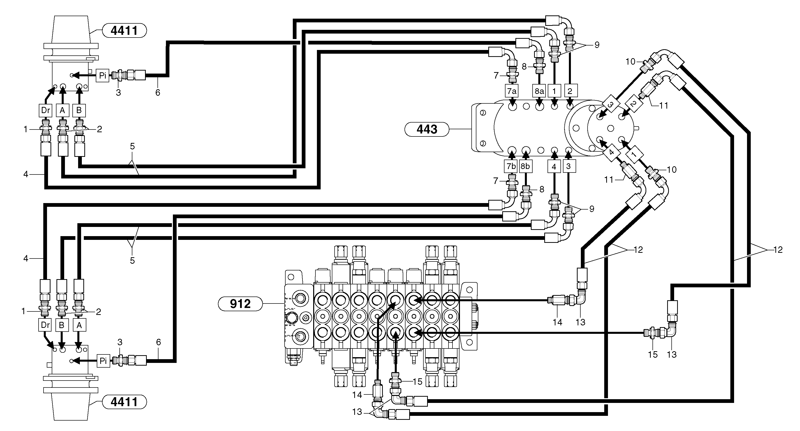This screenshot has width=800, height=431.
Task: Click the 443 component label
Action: (427, 129)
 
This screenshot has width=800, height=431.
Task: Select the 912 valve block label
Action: (240, 303)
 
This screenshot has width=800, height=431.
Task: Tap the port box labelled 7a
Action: (511, 91)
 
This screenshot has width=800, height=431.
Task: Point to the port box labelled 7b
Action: (511, 166)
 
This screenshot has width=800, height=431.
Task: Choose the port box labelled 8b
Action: (525, 166)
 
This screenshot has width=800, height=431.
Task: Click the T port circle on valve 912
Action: (300, 336)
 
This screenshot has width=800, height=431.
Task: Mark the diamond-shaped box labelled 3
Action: (610, 105)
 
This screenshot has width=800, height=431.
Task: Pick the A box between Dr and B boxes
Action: (62, 110)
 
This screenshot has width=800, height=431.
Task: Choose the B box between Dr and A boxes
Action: (62, 325)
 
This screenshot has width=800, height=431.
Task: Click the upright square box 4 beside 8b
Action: (554, 167)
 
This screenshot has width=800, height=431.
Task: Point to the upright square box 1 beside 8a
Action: (554, 91)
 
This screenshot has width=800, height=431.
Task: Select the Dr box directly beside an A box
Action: (45, 110)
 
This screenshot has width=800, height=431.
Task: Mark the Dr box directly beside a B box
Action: (45, 325)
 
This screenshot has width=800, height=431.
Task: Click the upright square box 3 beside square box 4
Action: (569, 166)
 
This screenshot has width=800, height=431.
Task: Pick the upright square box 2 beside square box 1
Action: (570, 91)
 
